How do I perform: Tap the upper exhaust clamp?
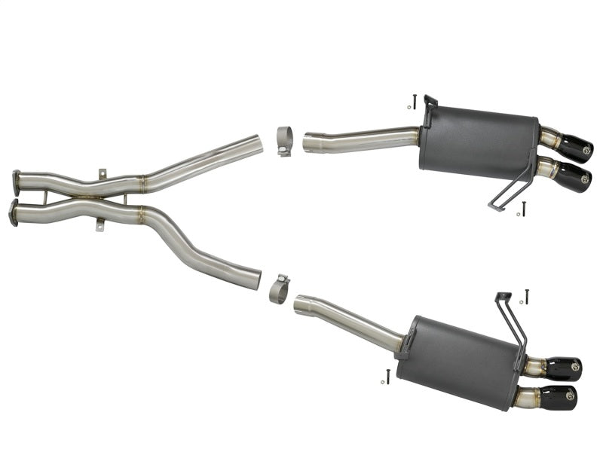pos(284,141)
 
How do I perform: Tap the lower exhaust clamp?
pos(279,289)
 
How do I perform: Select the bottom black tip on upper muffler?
pos(573,178)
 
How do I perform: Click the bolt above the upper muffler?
pos(415,101)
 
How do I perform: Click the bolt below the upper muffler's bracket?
pos(523,208)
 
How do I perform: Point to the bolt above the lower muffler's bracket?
pos(526,296)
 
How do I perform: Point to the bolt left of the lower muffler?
pos(387,376)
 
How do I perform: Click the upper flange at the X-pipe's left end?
pos(17,182)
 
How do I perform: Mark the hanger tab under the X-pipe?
pos(99,224)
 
